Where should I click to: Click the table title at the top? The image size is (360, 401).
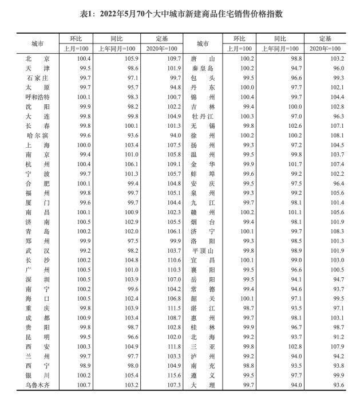point(180,13)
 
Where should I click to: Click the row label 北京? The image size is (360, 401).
point(38,58)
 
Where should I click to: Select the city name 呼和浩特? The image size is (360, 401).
point(38,97)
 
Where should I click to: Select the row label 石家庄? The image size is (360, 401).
point(38,77)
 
